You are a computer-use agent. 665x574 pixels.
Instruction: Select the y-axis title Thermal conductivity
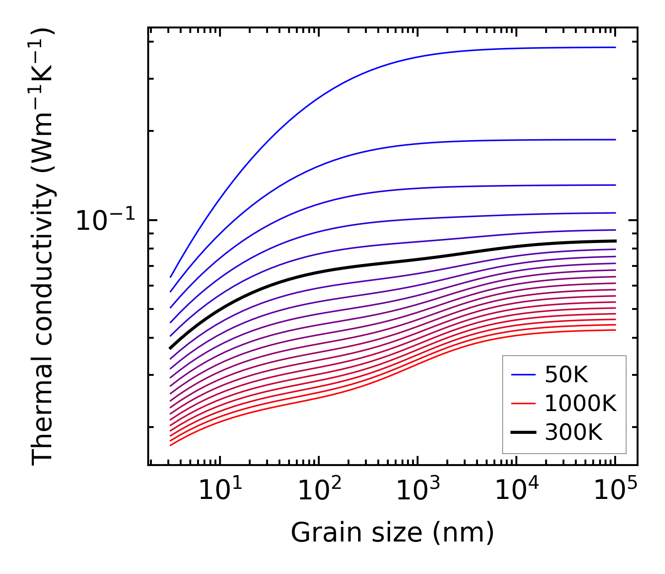click(43, 247)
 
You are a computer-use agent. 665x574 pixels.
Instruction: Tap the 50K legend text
click(566, 375)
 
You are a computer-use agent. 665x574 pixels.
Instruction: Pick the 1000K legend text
click(580, 403)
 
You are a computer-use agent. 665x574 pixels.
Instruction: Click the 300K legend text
click(574, 432)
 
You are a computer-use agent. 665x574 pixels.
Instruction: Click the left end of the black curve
click(171, 348)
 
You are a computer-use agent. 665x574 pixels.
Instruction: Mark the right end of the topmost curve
click(615, 47)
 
